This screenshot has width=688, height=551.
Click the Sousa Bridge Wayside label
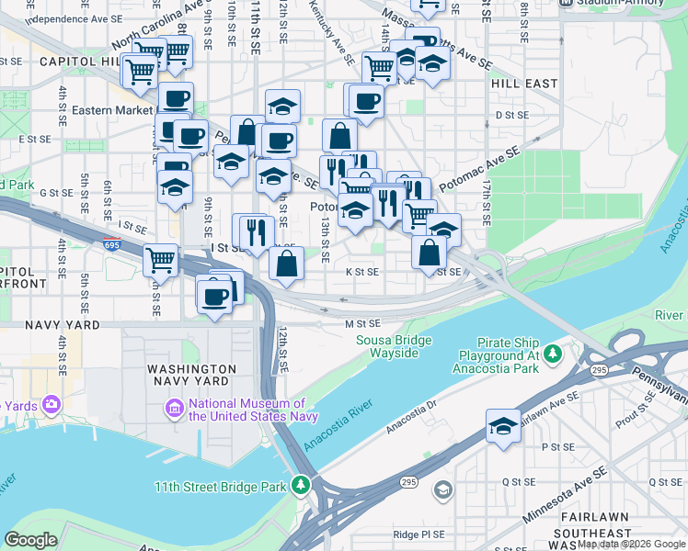394,347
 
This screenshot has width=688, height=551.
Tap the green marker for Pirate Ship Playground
552,354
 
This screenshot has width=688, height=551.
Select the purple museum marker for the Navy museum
174,407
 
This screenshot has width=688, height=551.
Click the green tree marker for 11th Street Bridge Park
300,483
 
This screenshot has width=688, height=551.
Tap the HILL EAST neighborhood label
524,84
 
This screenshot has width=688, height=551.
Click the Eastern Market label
111,110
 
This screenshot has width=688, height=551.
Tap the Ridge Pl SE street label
419,534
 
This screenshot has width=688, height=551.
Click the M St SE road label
362,323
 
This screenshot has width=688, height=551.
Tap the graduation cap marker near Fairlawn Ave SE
503,426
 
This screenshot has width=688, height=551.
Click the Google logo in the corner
30,539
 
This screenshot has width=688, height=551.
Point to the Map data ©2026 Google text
631,545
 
